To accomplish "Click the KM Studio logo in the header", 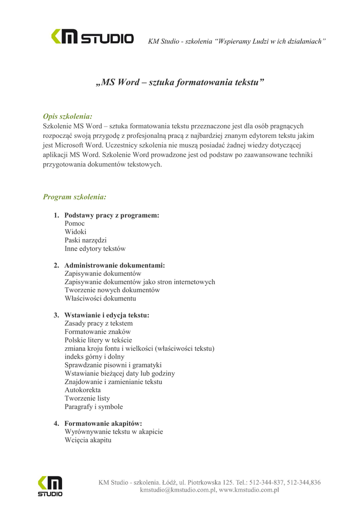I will click(92, 37).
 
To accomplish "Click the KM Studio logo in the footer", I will click(50, 486).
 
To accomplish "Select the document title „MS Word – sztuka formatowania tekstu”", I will click(180, 82).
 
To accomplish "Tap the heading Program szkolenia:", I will click(74, 197).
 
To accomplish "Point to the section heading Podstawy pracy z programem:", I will click(112, 215).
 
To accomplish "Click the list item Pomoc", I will click(74, 224).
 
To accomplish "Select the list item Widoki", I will click(75, 232).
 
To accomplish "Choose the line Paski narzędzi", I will click(85, 240).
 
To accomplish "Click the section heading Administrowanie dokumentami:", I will click(115, 265).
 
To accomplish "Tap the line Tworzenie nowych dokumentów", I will click(112, 290).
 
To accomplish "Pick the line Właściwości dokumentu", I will click(100, 299).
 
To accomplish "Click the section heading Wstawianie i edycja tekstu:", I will click(107, 315).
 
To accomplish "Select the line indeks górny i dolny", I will click(94, 357).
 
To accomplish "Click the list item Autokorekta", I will click(82, 390).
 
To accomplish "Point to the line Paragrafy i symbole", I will click(93, 407).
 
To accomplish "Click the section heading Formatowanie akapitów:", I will click(103, 423).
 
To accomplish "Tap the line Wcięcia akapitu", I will click(88, 440).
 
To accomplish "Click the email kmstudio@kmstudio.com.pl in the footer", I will click(177, 490).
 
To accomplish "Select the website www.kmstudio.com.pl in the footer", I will click(249, 490).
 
